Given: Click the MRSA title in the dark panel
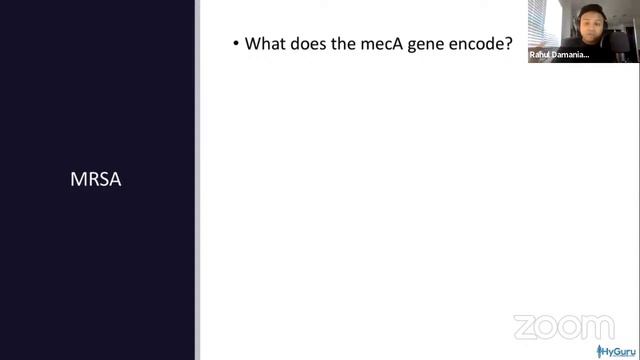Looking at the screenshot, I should (96, 180).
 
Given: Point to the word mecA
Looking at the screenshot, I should (402, 44).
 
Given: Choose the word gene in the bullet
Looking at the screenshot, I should (451, 45).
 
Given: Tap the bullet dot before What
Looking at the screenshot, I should (236, 45).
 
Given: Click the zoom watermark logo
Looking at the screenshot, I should (563, 327).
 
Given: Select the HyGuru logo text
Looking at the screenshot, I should (621, 351).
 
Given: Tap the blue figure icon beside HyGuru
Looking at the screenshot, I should (602, 351).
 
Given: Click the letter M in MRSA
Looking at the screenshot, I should (77, 180).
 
